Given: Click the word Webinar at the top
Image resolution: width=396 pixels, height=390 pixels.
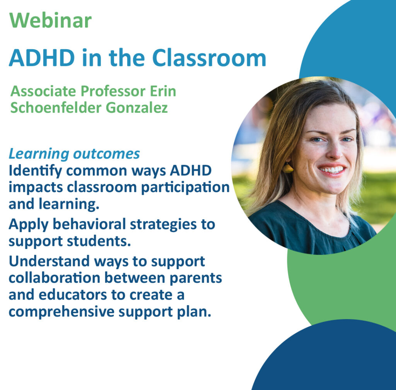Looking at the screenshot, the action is point(50,20).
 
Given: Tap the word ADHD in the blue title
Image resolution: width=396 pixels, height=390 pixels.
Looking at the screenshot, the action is point(42,58).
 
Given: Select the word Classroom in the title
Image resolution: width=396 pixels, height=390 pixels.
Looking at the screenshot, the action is point(209,58).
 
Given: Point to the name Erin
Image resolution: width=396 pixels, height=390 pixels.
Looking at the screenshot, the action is point(163,91).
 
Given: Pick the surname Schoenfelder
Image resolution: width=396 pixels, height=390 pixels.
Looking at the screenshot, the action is point(56,108).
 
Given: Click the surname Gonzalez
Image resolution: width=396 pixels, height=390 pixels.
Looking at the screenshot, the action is point(137,108).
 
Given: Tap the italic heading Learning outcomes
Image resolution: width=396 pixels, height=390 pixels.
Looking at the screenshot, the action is point(74,153).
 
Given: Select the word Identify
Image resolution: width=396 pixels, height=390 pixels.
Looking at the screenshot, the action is point(35,171).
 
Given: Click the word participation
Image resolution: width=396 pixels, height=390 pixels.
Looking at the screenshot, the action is point(185,188).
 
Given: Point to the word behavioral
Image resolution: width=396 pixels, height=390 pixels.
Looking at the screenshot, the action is point(89,224).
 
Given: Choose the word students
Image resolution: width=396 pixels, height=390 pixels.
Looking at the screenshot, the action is point(99,241).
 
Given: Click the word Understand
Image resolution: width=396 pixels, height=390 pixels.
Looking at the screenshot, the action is point(49,261).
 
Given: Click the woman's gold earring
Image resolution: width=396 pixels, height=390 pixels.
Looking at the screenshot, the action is point(288,168).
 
